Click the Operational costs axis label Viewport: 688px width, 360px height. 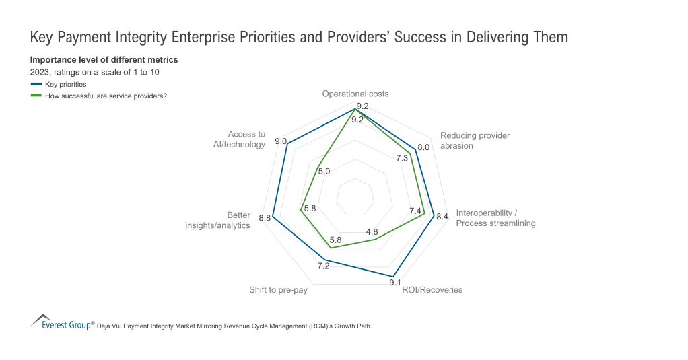(355, 94)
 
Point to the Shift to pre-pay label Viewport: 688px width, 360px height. (279, 290)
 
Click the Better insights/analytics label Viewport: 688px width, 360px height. (217, 220)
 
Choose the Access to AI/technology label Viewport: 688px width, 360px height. (236, 139)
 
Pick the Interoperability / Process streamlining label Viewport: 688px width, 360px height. (495, 218)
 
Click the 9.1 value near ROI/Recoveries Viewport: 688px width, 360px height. (396, 283)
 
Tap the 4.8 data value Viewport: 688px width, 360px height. (372, 232)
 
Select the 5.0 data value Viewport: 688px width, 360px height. (324, 171)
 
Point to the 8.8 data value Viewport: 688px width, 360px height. (265, 217)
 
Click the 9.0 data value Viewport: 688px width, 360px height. (281, 141)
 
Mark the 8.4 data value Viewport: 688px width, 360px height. (442, 217)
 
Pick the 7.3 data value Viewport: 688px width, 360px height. (402, 158)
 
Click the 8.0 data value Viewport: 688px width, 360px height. (423, 147)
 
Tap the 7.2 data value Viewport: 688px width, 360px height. (323, 266)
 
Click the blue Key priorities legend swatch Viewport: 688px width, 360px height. (36, 84)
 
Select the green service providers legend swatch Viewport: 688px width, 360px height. (36, 95)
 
